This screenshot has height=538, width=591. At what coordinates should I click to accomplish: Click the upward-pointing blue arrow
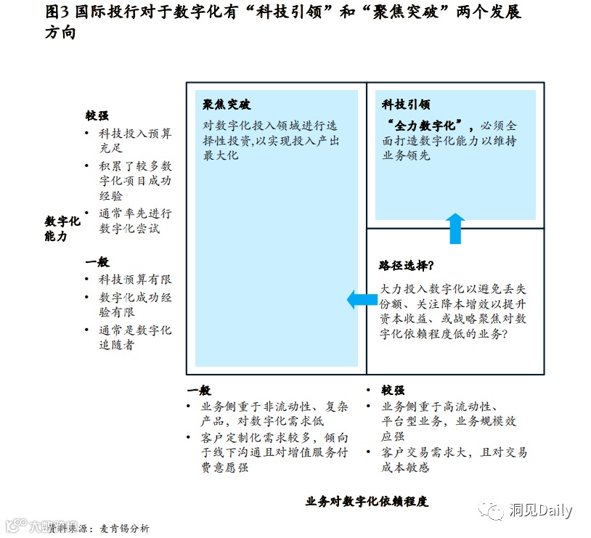(455, 228)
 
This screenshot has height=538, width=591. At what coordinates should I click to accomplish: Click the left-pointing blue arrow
(361, 298)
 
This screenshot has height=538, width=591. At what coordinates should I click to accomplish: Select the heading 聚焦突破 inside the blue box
(227, 105)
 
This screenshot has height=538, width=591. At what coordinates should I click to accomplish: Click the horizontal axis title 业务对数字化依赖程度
(367, 501)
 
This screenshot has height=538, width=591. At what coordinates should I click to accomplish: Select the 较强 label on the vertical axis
(97, 116)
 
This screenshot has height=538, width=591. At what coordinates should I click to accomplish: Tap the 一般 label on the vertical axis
(97, 262)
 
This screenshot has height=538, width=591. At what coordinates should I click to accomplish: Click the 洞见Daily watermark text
(540, 510)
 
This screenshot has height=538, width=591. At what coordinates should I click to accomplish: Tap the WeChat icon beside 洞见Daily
(495, 511)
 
